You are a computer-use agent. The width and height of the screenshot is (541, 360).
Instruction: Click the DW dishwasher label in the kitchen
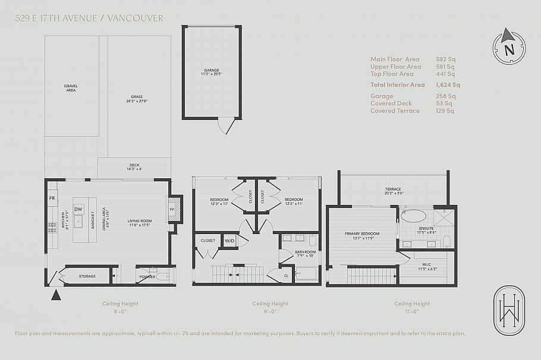pos(78,209)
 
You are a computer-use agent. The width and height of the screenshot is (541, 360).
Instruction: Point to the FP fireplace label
pos(172,209)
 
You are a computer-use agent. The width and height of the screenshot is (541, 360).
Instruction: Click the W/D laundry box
pos(229,241)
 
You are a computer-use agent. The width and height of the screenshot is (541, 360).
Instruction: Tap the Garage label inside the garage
pos(211,71)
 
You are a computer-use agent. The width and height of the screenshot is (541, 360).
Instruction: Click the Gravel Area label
pos(71,88)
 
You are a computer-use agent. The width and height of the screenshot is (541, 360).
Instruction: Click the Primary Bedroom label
pos(361,233)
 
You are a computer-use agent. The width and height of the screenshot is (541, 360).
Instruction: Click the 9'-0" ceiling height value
pos(119,311)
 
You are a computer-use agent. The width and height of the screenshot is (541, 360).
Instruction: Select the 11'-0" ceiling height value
pos(412,311)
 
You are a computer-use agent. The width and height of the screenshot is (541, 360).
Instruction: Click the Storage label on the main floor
pos(87,276)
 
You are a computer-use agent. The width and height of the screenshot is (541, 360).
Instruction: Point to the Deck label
pos(135,166)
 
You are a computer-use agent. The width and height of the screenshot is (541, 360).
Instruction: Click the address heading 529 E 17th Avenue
pos(89,18)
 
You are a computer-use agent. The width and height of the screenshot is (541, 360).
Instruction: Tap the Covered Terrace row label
pos(395,110)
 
